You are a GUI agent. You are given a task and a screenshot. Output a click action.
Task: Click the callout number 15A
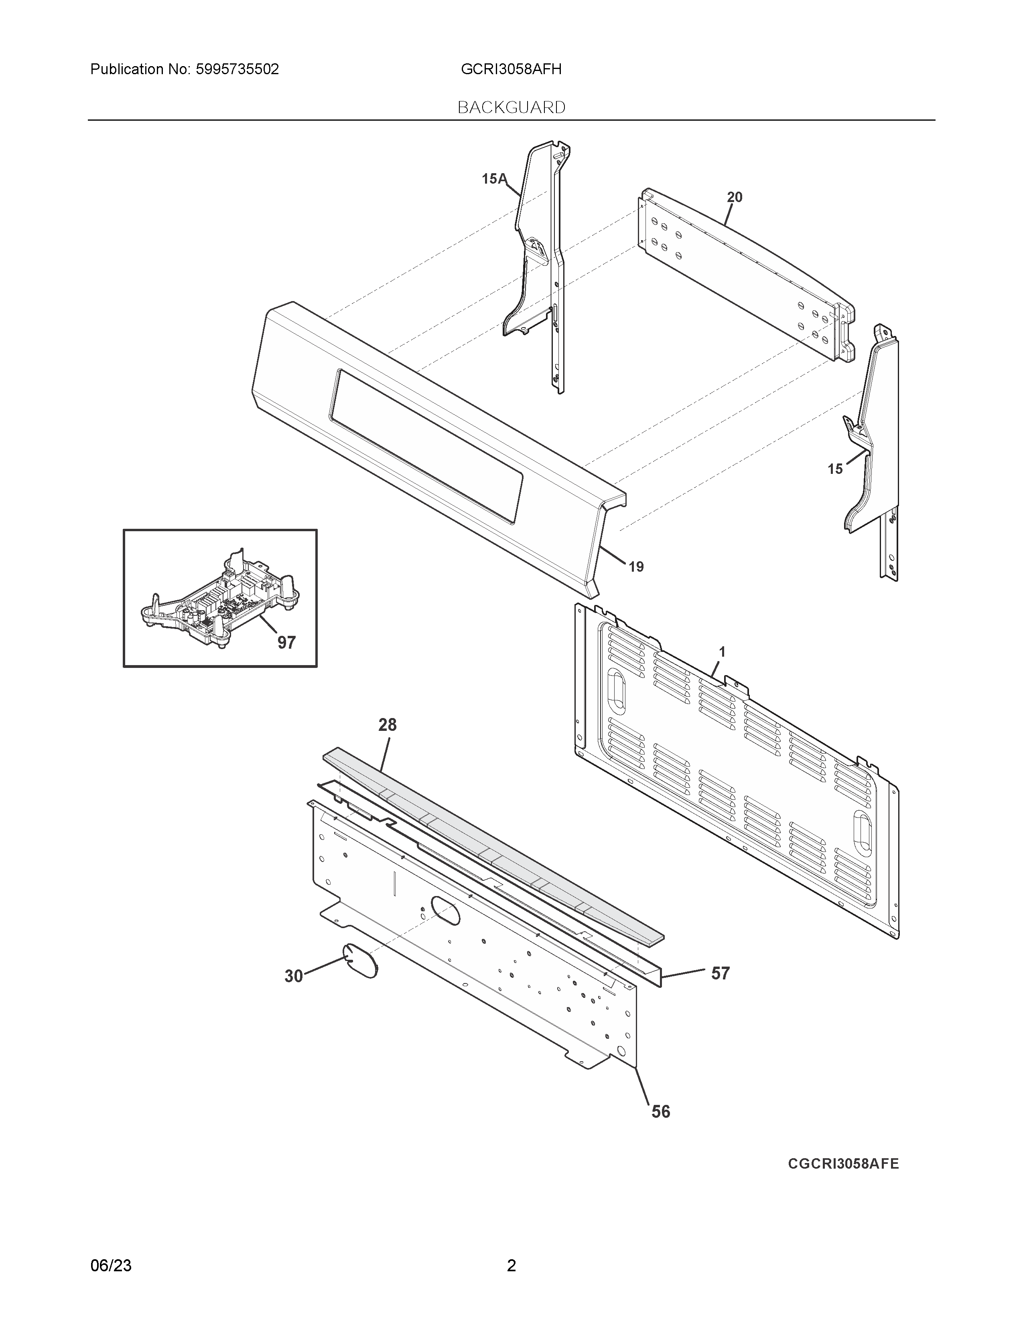(x=493, y=179)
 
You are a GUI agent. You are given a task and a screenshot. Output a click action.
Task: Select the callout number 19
(x=636, y=567)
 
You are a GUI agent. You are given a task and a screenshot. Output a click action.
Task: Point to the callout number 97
(x=287, y=642)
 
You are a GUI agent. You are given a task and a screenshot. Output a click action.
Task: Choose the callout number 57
(x=720, y=973)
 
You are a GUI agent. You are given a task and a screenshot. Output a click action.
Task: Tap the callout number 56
(x=661, y=1112)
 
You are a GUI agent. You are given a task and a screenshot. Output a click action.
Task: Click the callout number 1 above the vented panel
(x=722, y=652)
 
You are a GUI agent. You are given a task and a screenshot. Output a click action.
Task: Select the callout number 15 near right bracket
(x=835, y=469)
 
